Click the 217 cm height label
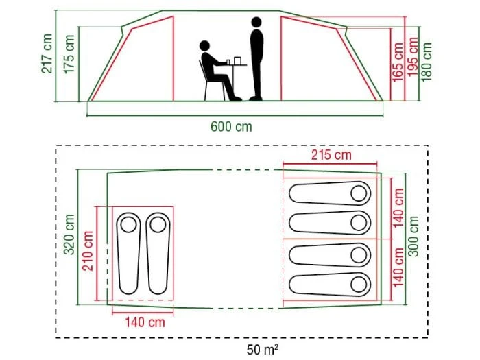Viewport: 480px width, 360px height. point(47,53)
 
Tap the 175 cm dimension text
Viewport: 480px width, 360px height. point(69,54)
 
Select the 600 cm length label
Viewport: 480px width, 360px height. point(232,126)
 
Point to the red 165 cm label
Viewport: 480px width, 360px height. point(398,62)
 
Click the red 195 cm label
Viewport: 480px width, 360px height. point(413,57)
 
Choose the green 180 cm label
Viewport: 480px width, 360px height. point(427,62)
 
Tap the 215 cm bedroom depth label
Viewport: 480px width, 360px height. point(331,155)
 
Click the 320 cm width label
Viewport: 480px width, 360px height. point(69,235)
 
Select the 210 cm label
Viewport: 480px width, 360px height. point(88,251)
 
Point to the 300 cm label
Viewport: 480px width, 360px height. point(413,236)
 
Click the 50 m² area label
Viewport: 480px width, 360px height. point(263,349)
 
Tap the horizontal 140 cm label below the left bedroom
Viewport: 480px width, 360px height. point(145,322)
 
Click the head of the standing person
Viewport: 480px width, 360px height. point(256,23)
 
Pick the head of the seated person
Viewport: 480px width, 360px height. point(204,46)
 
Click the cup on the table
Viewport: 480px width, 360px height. point(237,60)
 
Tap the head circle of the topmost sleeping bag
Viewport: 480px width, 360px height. point(359,193)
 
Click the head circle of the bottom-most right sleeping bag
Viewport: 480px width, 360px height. point(359,285)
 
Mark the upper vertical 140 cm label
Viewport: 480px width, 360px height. point(398,208)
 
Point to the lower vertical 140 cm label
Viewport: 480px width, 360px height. point(398,267)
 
